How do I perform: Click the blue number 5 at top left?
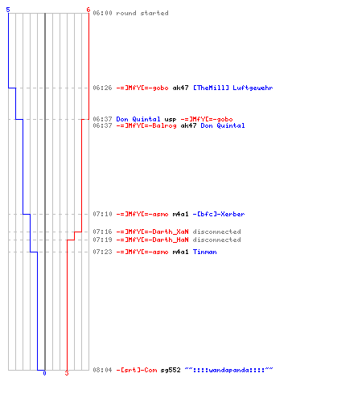click(x=8, y=10)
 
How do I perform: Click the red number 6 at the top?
click(x=88, y=10)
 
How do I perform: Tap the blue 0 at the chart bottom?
click(x=44, y=373)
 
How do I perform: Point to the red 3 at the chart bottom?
click(x=67, y=373)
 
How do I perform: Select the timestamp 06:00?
click(x=102, y=13)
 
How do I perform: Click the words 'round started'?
click(x=142, y=13)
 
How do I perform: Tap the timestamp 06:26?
click(x=102, y=88)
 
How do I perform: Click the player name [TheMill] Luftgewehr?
click(x=232, y=88)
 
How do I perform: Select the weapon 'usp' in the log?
click(x=171, y=120)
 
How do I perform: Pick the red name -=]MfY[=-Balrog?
click(x=146, y=125)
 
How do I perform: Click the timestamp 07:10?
click(x=102, y=214)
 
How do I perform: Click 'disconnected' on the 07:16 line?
click(x=216, y=232)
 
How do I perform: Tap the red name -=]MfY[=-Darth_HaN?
click(x=152, y=240)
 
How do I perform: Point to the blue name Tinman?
click(x=204, y=252)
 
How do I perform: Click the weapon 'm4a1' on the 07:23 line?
click(x=180, y=252)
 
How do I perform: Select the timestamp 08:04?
click(x=102, y=370)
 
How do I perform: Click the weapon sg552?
click(x=171, y=370)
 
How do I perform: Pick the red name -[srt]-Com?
click(x=136, y=370)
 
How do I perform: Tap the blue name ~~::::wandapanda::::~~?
click(x=228, y=370)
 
